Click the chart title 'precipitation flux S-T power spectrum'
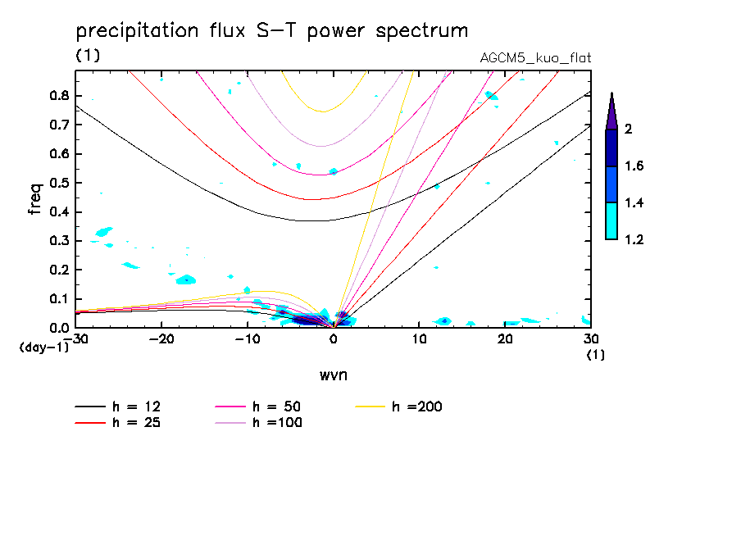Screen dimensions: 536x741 point(272,31)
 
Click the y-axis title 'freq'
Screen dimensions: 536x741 point(35,199)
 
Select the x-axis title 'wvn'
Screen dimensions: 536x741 point(332,375)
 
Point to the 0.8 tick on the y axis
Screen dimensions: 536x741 point(57,95)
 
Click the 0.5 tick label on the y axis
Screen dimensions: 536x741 point(57,183)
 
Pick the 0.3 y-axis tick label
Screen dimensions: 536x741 point(57,241)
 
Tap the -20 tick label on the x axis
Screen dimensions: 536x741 point(161,339)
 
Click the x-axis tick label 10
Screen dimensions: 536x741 point(419,339)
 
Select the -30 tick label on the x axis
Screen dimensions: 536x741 point(76,339)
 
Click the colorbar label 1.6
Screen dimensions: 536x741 point(635,166)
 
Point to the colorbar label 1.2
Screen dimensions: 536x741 point(635,240)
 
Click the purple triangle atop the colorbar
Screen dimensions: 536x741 point(611,111)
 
